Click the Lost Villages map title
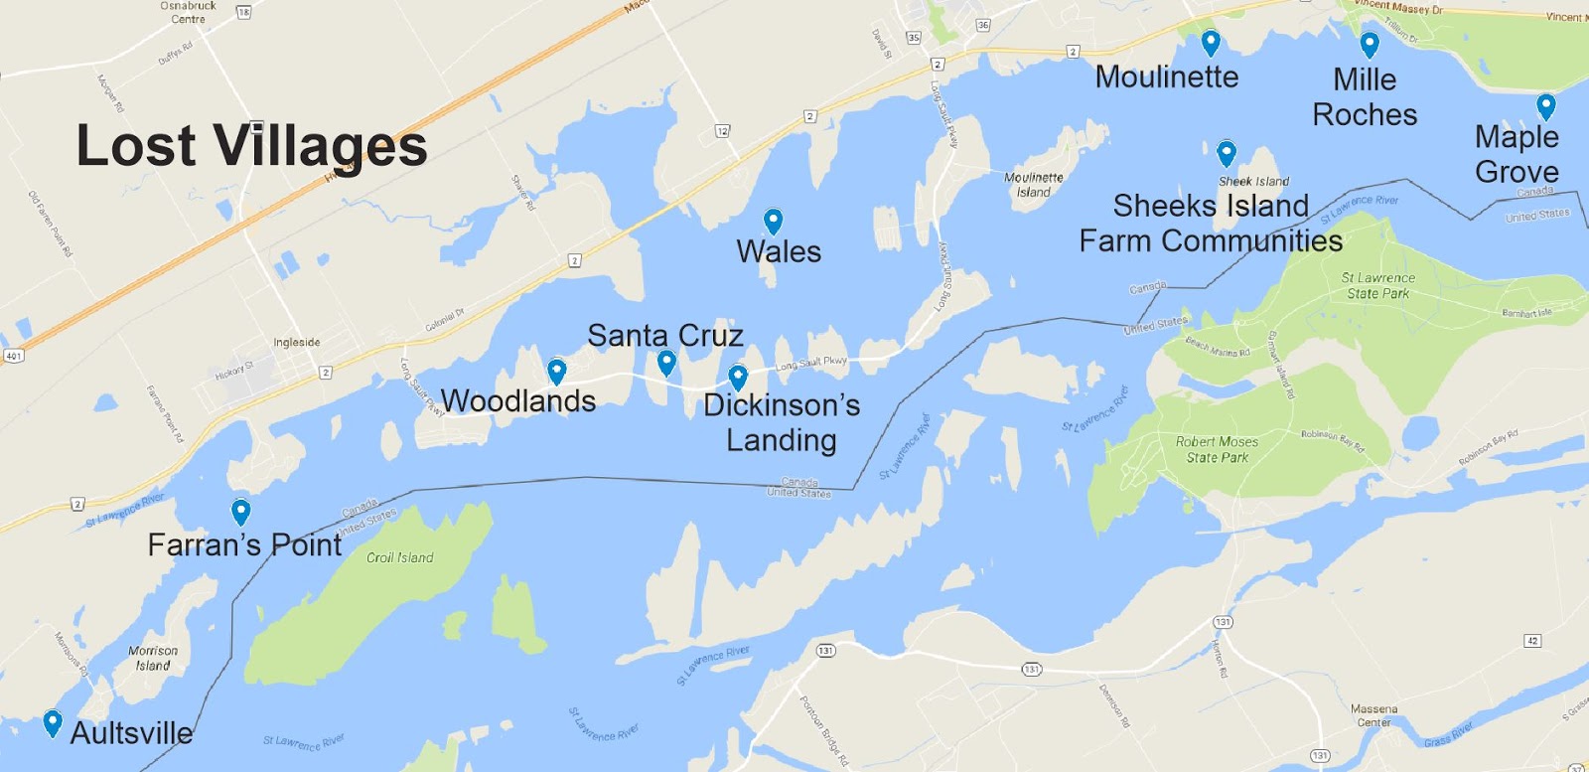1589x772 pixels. click(252, 145)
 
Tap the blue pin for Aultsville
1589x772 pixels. click(53, 722)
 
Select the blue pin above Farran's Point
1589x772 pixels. click(240, 511)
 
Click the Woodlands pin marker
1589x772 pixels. click(557, 371)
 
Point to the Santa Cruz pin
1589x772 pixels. click(666, 362)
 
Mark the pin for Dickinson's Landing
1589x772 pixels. click(738, 377)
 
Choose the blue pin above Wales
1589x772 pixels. click(773, 221)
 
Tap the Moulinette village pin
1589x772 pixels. click(1211, 43)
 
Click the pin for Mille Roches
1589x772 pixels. click(1370, 45)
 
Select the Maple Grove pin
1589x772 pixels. click(1545, 105)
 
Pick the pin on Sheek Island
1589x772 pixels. click(1227, 153)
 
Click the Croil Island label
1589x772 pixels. click(399, 557)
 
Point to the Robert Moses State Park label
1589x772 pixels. click(1217, 449)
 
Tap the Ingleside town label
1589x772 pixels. click(297, 342)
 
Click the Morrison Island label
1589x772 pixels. click(153, 658)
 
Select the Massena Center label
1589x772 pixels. click(1373, 715)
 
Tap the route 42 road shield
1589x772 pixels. click(1532, 641)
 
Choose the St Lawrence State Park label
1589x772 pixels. click(1377, 285)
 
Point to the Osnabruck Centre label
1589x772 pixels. click(188, 12)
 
